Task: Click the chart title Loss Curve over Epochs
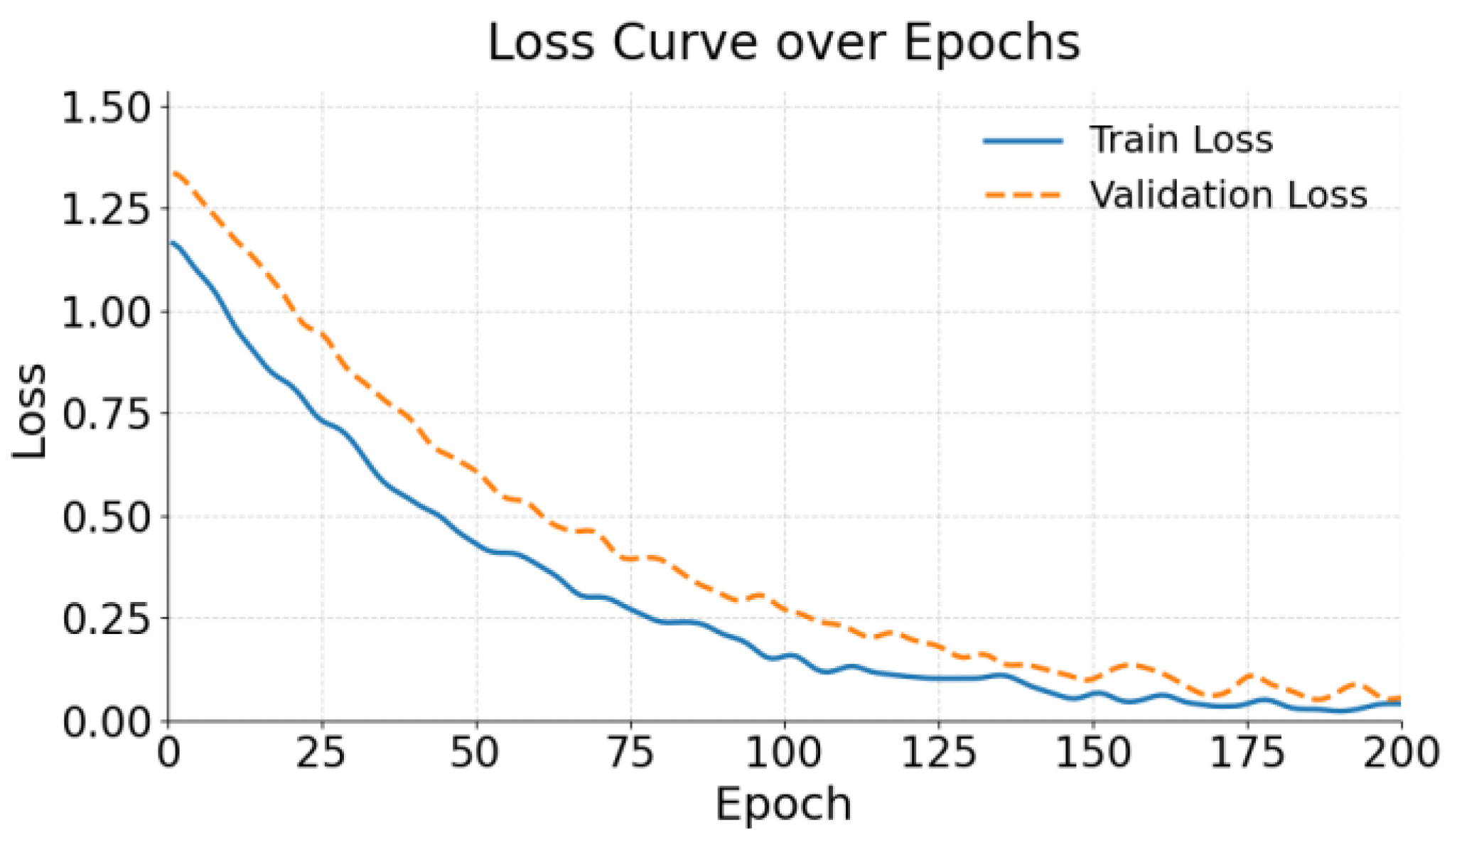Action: click(783, 43)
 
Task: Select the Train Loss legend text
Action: click(1181, 140)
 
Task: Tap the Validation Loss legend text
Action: click(1228, 195)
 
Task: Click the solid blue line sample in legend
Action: click(1023, 141)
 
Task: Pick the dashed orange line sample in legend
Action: click(1023, 195)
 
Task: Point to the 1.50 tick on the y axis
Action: click(107, 108)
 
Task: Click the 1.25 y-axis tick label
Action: click(107, 209)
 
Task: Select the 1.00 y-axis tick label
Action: click(107, 312)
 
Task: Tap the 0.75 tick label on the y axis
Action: click(107, 414)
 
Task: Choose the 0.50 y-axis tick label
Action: click(107, 517)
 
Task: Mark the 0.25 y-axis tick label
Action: click(107, 618)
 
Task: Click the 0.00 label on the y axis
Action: click(107, 722)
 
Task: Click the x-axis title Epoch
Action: click(783, 804)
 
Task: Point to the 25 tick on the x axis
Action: click(321, 753)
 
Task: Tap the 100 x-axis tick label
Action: click(783, 753)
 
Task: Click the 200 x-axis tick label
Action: click(1399, 753)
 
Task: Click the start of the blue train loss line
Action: click(171, 243)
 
